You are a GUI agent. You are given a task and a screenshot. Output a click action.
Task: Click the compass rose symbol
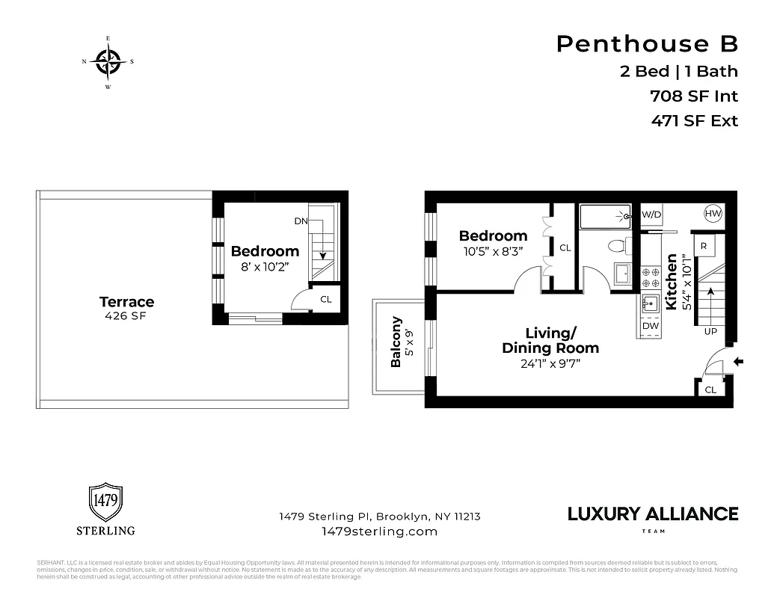point(108,62)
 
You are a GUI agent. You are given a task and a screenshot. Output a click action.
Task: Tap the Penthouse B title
point(647,44)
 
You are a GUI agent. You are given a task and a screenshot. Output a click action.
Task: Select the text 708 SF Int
point(694,96)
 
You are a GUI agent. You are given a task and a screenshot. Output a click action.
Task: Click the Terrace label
point(126,302)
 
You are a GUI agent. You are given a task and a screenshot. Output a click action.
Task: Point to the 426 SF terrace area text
point(126,316)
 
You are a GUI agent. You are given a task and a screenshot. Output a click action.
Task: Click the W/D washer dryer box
point(651,215)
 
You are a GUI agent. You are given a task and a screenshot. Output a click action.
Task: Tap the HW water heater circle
point(713,215)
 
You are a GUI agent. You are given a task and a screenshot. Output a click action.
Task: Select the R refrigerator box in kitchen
point(704,246)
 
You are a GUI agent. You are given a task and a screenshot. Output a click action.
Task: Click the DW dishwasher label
point(650,326)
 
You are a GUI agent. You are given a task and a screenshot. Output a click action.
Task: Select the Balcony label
point(396,342)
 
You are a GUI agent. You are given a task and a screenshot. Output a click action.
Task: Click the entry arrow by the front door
point(740,363)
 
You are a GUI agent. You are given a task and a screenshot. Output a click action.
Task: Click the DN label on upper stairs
point(301,221)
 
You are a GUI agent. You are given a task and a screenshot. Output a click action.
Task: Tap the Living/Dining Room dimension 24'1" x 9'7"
point(550,363)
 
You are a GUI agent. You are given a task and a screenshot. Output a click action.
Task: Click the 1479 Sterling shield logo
point(105,503)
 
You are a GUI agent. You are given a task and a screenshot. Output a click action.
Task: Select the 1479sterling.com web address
point(378,531)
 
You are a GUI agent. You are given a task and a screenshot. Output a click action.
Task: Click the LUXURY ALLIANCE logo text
point(652,514)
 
